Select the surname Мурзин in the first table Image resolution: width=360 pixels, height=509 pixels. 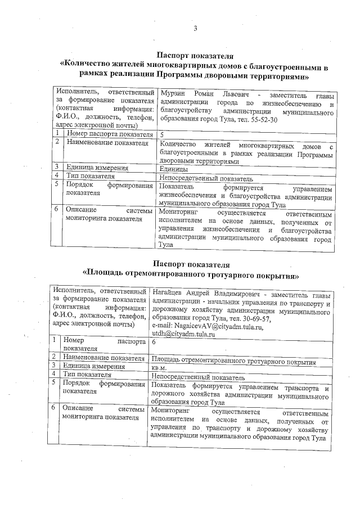pos(172,92)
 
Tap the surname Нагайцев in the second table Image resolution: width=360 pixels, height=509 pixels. pos(169,295)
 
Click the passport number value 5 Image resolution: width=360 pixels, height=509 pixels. pos(162,135)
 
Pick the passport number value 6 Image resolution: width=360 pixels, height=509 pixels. pos(154,342)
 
